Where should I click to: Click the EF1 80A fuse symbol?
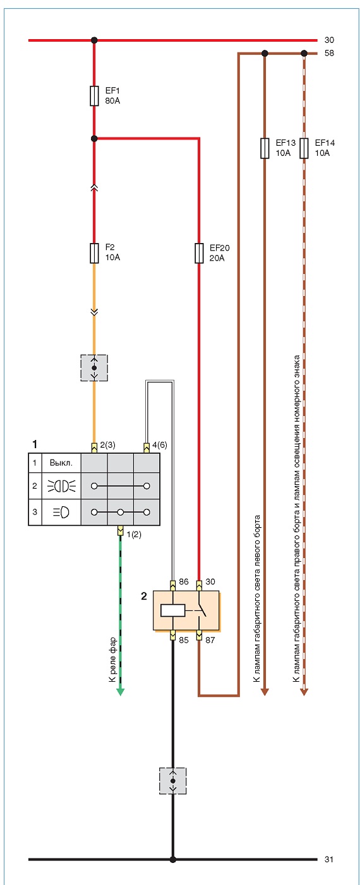[x=94, y=95]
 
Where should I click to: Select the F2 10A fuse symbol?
[x=94, y=253]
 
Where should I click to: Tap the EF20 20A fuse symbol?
[x=199, y=253]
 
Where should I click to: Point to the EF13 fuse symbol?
[x=265, y=148]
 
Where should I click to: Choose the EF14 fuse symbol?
[x=304, y=148]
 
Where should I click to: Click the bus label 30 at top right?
[x=329, y=40]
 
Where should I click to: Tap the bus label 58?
[x=329, y=53]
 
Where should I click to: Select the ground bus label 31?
[x=329, y=859]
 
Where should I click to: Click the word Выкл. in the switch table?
[x=61, y=463]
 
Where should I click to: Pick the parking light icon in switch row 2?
[x=61, y=486]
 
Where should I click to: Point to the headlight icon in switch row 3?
[x=61, y=513]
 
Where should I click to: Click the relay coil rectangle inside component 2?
[x=172, y=610]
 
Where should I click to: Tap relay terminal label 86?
[x=184, y=581]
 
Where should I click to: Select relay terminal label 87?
[x=210, y=639]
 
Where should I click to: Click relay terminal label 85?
[x=184, y=639]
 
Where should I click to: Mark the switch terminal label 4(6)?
[x=160, y=445]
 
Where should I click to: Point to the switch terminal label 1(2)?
[x=133, y=535]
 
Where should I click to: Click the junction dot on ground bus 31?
[x=172, y=859]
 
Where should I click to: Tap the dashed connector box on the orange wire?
[x=94, y=368]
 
